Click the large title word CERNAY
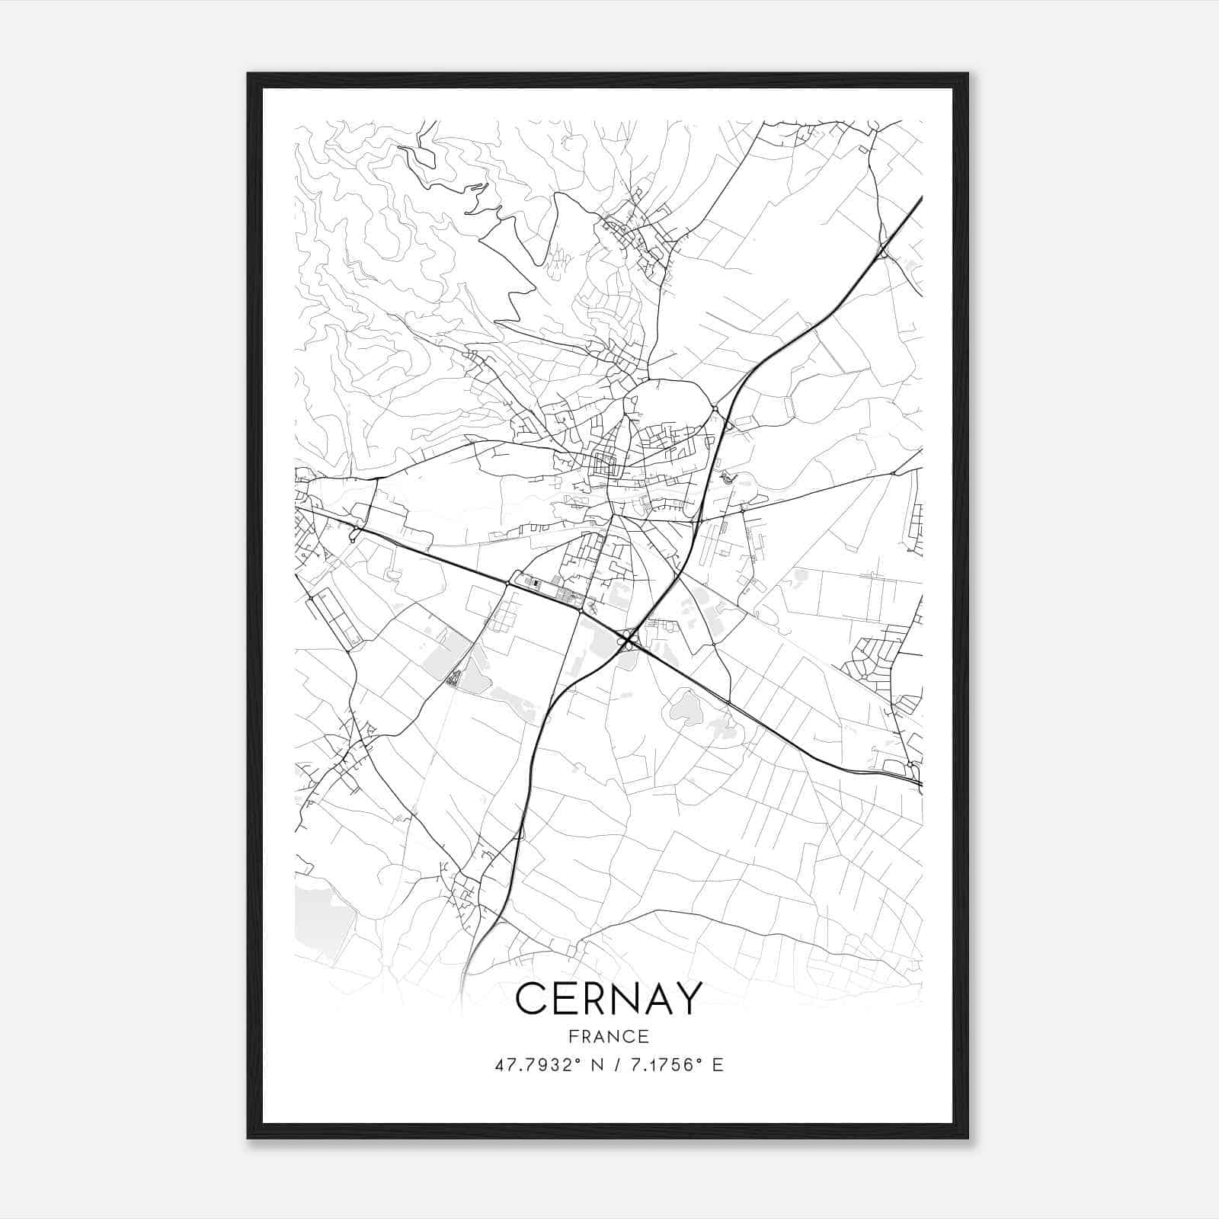[x=608, y=999]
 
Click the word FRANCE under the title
[x=608, y=1036]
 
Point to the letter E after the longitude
[x=718, y=1064]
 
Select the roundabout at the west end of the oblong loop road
[x=508, y=584]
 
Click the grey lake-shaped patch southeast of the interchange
[x=686, y=709]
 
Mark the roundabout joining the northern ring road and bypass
[x=715, y=409]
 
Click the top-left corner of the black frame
[x=248, y=75]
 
